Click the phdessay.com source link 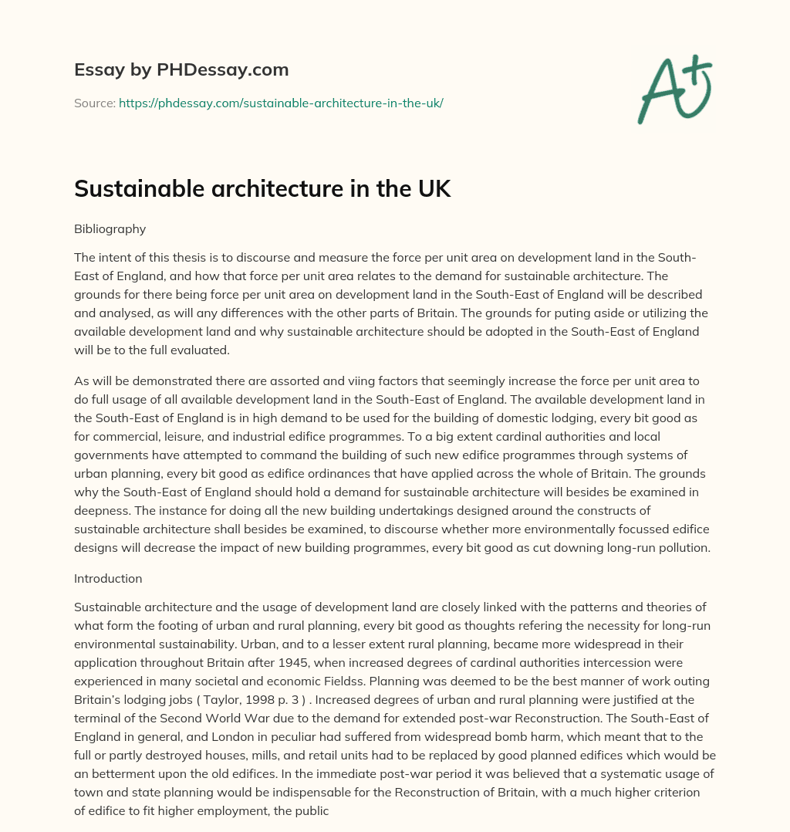pos(281,103)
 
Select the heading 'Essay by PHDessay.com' pos(181,69)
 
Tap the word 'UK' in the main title pos(432,189)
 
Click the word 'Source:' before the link pos(94,103)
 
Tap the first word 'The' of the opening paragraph pos(84,257)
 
